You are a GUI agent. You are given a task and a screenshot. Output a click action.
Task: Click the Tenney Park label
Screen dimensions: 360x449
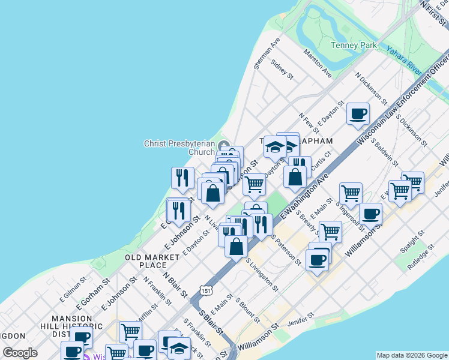click(x=354, y=45)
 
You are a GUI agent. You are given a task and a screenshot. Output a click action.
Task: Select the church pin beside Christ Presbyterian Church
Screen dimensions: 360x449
click(x=224, y=145)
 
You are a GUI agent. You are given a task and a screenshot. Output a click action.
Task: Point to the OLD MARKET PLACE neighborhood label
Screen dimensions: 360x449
click(x=152, y=261)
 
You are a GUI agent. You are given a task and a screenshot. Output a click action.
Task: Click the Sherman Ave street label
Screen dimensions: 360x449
click(x=267, y=53)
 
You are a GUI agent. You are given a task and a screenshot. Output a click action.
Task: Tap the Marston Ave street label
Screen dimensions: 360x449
click(x=318, y=64)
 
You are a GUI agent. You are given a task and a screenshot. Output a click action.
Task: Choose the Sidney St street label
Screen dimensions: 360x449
click(x=282, y=69)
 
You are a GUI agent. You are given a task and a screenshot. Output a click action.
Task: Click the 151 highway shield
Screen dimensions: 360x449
click(x=206, y=290)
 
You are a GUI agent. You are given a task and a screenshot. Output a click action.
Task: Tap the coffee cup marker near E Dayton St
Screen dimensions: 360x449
click(x=358, y=113)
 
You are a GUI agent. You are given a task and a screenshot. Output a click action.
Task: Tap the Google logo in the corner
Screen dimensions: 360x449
click(x=20, y=353)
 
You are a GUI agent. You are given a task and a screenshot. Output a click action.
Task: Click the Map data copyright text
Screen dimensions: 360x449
click(x=411, y=355)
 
